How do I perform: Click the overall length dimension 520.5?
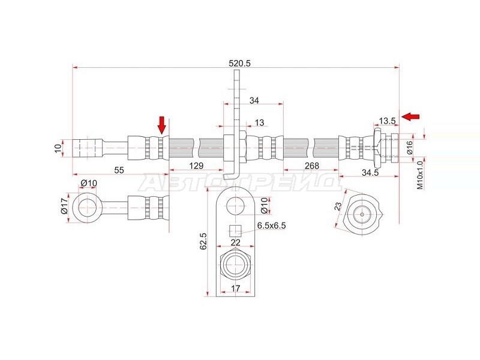point(239,64)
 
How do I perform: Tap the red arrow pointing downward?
point(162,125)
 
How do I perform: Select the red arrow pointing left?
point(410,116)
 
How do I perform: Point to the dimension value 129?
point(196,166)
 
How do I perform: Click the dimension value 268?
point(311,166)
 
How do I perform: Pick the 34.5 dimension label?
point(370,173)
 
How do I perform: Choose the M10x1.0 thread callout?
point(419,175)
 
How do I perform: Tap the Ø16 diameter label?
point(410,148)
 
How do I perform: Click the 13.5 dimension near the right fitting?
point(387,121)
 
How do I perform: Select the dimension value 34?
point(254,100)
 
